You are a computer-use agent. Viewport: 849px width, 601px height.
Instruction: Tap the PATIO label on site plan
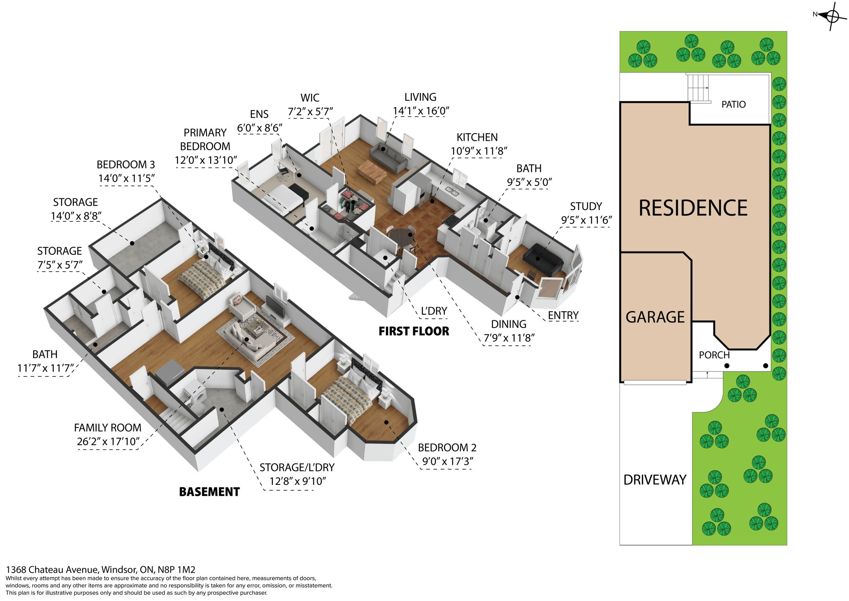click(733, 105)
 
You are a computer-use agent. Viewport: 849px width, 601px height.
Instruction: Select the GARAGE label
click(655, 317)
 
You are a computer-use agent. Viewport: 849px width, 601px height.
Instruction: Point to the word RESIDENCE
click(693, 208)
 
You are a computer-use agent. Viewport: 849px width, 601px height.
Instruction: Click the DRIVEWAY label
click(655, 480)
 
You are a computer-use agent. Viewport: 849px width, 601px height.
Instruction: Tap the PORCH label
click(714, 355)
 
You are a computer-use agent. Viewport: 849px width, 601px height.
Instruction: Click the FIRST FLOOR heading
click(414, 331)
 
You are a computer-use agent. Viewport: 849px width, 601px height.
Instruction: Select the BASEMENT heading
click(209, 492)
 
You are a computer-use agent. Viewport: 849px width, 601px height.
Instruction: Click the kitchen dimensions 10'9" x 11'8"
click(479, 151)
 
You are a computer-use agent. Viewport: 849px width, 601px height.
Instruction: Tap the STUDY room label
click(586, 206)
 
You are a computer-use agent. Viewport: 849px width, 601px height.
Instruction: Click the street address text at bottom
click(100, 569)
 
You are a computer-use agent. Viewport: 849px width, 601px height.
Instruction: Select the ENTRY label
click(563, 315)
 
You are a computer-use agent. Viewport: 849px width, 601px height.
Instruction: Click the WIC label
click(310, 98)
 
